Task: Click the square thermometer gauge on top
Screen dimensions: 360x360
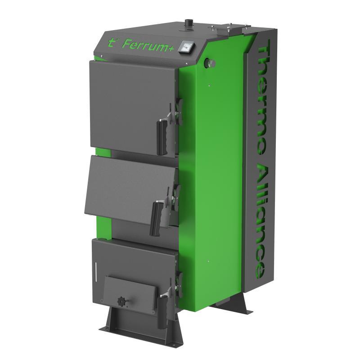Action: pyautogui.click(x=185, y=46)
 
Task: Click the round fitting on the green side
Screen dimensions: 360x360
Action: pyautogui.click(x=208, y=62)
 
